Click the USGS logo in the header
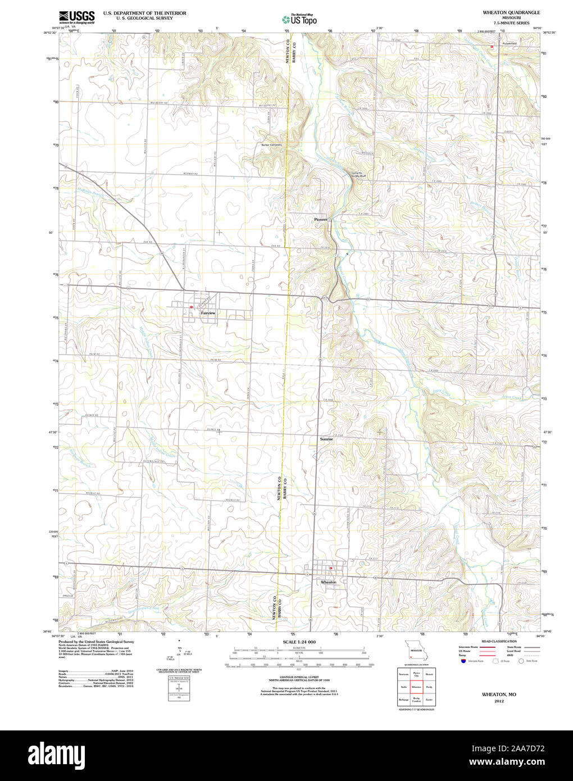(77, 16)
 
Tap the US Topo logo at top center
(299, 19)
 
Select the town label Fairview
(208, 313)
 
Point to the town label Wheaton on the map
(328, 582)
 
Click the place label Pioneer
(321, 220)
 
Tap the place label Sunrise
(326, 439)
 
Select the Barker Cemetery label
(271, 145)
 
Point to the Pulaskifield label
(510, 43)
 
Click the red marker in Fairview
(191, 307)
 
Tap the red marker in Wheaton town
(331, 568)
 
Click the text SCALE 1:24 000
(299, 642)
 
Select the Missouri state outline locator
(416, 650)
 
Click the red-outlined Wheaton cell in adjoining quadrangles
(416, 687)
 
